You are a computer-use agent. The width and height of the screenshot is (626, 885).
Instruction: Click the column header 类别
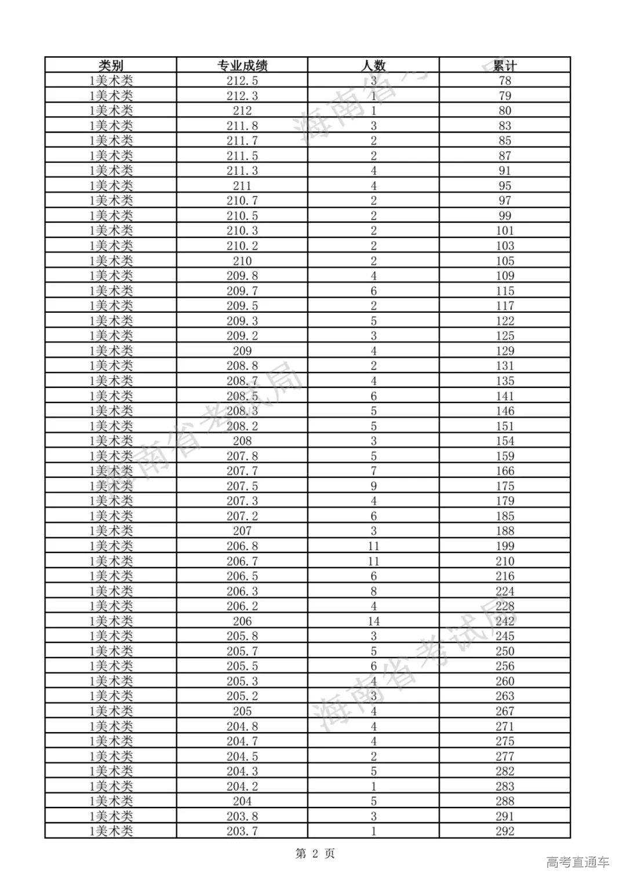(111, 65)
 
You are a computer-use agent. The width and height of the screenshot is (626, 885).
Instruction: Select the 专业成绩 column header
(242, 65)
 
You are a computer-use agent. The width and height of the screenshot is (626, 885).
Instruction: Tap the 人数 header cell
(373, 65)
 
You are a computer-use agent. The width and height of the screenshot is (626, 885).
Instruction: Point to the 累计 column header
(505, 65)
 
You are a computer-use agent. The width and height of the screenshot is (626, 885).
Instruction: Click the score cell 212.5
(242, 81)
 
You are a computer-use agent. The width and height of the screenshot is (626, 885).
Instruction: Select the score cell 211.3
(242, 170)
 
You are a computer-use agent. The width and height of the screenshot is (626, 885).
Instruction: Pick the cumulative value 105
(505, 261)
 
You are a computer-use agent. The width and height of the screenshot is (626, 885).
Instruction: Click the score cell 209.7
(242, 291)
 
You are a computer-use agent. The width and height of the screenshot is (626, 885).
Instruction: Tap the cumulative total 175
(505, 486)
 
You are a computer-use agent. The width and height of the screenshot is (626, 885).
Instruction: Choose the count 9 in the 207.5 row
(373, 486)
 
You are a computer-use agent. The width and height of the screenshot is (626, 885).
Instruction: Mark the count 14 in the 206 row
(373, 621)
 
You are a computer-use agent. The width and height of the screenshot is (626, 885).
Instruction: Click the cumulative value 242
(505, 621)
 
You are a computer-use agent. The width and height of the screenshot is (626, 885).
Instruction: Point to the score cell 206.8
(242, 546)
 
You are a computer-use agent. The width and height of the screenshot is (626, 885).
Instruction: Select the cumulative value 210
(505, 561)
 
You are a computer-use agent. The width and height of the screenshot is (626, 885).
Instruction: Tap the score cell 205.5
(242, 666)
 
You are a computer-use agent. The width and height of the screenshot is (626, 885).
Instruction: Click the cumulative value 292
(505, 831)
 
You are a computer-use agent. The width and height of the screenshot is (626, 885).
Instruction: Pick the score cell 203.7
(242, 831)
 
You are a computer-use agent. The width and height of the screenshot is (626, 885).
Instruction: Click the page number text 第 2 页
(315, 853)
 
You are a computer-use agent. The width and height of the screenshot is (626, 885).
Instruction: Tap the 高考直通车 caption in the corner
(577, 862)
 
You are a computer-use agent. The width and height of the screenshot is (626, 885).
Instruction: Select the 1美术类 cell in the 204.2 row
(111, 786)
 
